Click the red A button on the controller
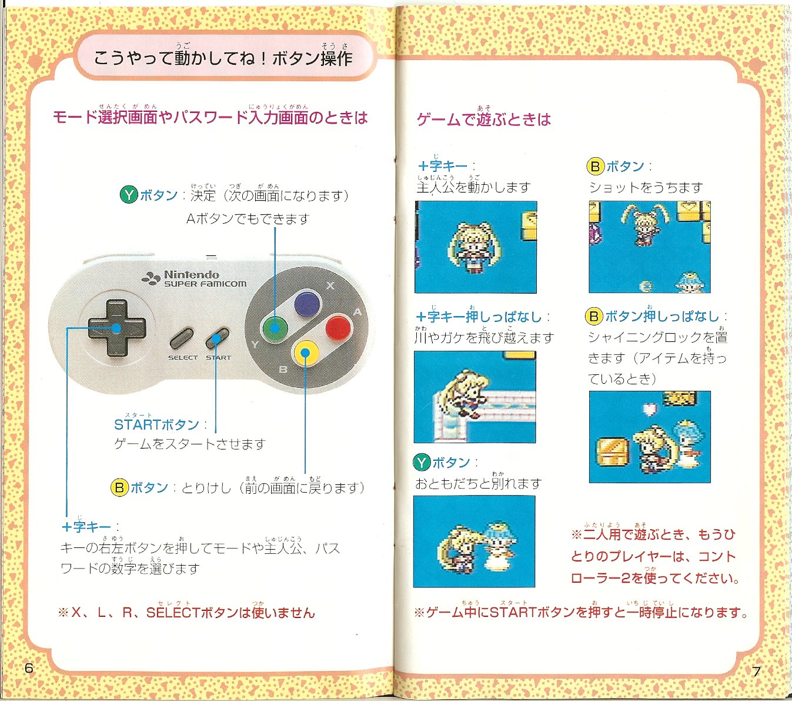[338, 328]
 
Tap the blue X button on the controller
[307, 304]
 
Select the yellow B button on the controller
[306, 353]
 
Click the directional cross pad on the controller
[116, 328]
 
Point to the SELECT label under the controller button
[183, 358]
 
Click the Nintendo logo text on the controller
[192, 275]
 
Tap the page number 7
[756, 672]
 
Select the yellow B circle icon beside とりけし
[119, 488]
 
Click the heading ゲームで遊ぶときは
[483, 119]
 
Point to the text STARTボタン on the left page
[156, 425]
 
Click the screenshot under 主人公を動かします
[476, 247]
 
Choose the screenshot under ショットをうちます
[650, 247]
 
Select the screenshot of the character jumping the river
[475, 397]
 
